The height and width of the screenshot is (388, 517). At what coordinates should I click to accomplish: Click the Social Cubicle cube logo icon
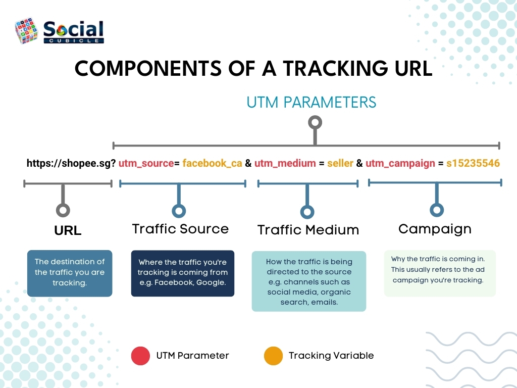tap(26, 31)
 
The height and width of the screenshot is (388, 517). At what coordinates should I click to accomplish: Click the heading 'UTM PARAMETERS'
tap(311, 102)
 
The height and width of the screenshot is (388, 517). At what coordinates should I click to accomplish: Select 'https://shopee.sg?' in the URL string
tap(71, 164)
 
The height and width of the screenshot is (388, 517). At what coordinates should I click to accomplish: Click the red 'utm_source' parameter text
tap(146, 164)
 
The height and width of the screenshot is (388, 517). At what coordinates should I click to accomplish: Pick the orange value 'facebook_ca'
tap(212, 164)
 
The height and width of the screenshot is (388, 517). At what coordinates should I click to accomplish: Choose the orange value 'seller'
tap(340, 164)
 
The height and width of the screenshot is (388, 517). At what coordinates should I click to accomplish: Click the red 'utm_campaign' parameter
tap(400, 164)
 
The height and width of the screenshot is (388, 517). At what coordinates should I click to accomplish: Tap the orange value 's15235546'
tap(473, 164)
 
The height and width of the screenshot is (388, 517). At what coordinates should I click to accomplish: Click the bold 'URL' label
tap(68, 230)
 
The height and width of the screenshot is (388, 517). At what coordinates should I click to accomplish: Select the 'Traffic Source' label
tap(180, 229)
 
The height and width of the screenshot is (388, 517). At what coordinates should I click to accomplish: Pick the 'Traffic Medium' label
tap(308, 230)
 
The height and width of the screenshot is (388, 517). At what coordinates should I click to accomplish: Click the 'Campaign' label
tap(435, 229)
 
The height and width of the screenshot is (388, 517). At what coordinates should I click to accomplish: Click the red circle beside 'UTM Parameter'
tap(140, 356)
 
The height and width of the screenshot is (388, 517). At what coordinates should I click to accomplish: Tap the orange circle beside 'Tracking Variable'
tap(273, 356)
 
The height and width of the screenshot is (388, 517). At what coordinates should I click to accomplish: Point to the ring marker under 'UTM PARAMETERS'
tap(315, 122)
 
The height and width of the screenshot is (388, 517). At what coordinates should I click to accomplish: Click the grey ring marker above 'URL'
tap(63, 210)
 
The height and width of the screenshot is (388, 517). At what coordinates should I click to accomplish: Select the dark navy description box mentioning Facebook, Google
tap(183, 273)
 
